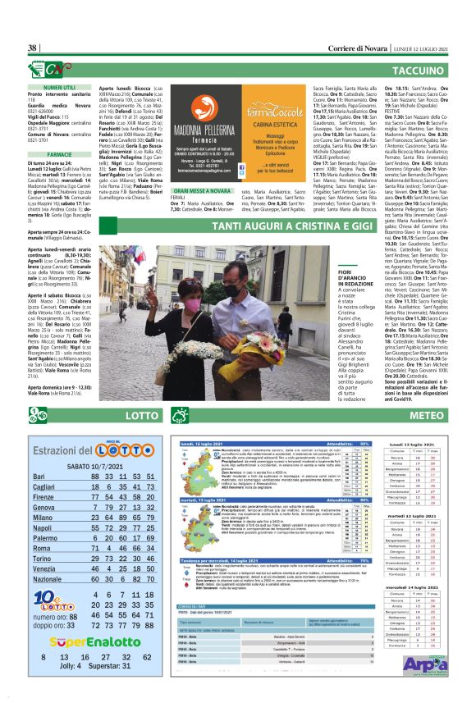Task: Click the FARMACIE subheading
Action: (x=59, y=153)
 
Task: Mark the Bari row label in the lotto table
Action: (x=39, y=477)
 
